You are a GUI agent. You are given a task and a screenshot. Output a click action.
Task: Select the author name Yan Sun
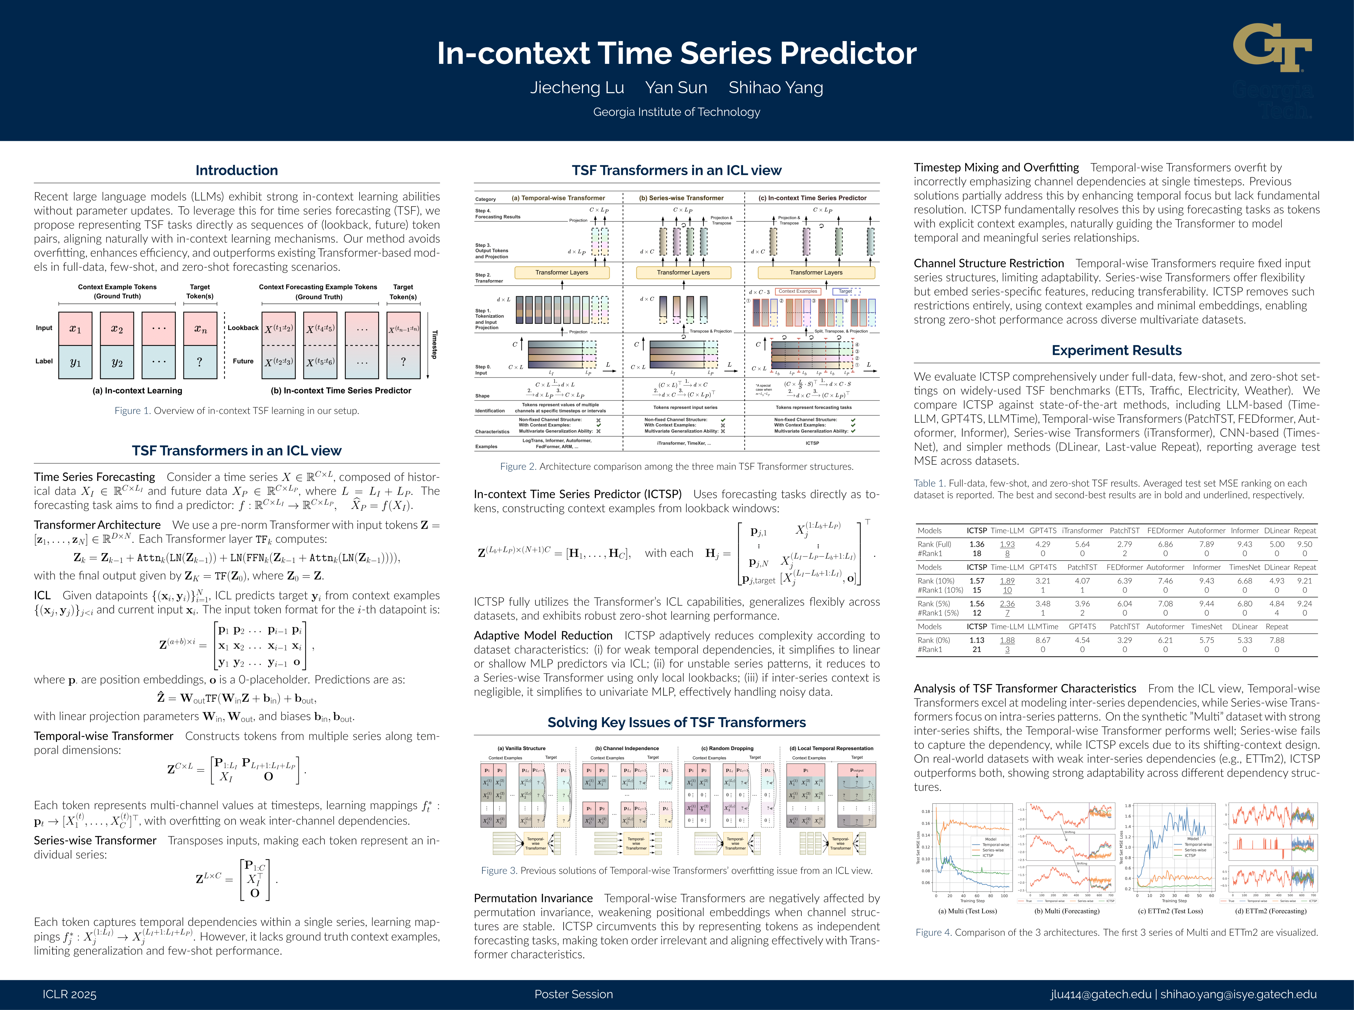pos(676,88)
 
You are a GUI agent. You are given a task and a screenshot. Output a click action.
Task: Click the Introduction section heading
pos(237,171)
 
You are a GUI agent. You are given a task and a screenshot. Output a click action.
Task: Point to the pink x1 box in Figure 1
pos(75,329)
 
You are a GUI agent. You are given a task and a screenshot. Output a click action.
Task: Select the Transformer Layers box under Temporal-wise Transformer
pos(562,273)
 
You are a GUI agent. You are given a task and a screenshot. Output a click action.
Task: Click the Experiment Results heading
pos(1116,350)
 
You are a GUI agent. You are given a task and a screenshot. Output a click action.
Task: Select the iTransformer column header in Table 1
pos(1082,531)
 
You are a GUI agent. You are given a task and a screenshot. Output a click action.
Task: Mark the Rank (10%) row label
pos(935,581)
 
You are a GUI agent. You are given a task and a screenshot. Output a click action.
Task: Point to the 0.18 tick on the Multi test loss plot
pos(926,812)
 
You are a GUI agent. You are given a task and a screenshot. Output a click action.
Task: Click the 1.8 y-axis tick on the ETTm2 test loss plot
pos(1128,806)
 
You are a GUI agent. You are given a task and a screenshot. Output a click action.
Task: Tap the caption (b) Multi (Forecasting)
pos(1066,911)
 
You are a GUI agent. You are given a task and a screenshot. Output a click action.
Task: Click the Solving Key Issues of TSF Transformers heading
pos(676,723)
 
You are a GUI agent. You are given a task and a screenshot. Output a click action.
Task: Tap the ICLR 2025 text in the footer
pos(70,994)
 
